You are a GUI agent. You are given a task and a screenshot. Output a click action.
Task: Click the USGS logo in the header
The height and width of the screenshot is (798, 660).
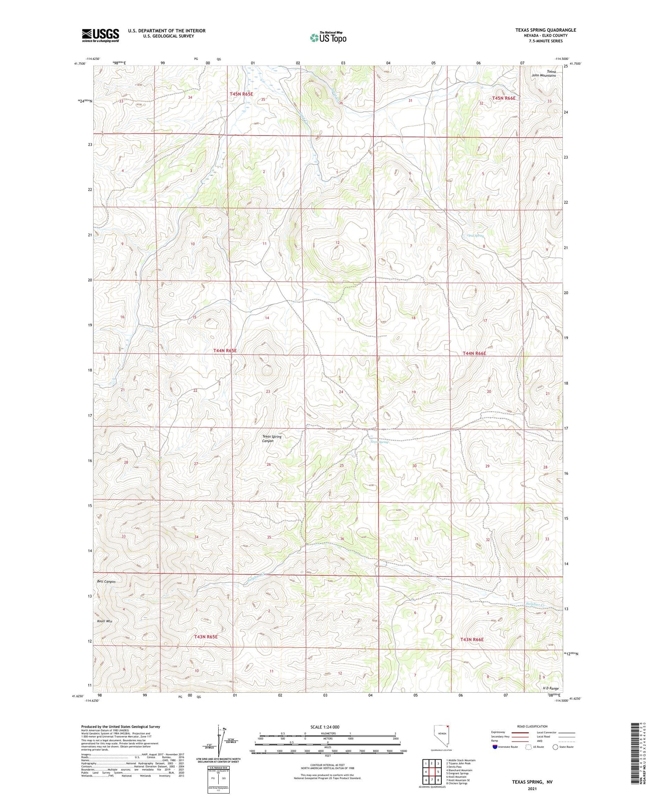coord(100,35)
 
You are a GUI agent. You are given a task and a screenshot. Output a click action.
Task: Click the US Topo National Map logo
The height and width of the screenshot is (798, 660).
coord(328,37)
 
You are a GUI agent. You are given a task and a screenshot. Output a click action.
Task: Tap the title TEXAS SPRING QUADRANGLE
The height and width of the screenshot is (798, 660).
coord(546,30)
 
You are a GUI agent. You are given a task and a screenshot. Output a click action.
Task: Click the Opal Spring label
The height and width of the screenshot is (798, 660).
coord(475,236)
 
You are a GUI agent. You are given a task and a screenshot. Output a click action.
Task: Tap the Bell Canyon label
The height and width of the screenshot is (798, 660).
coord(106,581)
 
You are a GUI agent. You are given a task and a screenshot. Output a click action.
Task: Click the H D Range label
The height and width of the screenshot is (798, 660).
coord(550,688)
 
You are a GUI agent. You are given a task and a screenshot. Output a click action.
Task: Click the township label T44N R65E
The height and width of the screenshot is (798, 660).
coord(225,351)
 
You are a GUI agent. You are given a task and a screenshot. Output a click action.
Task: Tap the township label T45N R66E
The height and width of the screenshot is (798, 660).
coord(504,98)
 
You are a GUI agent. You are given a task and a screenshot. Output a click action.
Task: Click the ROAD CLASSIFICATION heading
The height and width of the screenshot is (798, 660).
coord(532,726)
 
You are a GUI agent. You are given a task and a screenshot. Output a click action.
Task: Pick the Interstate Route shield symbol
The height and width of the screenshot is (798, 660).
coord(495,747)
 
